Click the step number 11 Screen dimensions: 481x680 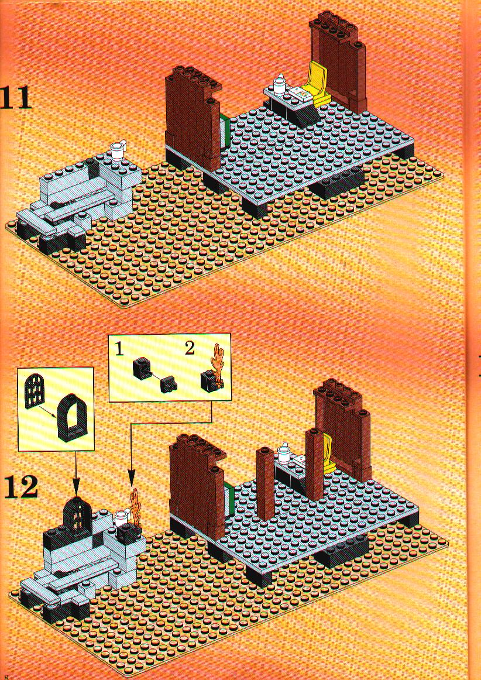tap(16, 98)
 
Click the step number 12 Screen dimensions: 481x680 tap(22, 488)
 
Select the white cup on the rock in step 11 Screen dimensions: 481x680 tap(118, 151)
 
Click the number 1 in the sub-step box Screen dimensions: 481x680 tap(119, 349)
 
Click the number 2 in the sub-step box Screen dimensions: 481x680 tap(188, 349)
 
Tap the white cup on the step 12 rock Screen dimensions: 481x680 tap(121, 518)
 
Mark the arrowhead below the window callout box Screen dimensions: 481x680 tap(76, 490)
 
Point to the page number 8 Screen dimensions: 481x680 tap(6, 676)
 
